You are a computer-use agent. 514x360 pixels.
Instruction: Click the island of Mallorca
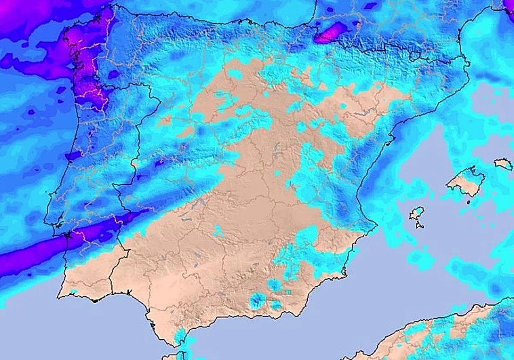click(466, 181)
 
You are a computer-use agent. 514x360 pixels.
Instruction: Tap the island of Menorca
click(503, 163)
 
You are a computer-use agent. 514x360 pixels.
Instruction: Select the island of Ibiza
click(416, 216)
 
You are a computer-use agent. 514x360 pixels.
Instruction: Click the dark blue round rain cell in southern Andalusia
click(257, 299)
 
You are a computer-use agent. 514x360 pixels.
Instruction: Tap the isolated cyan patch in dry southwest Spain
click(217, 231)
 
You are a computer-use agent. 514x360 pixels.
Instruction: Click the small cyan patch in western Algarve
click(73, 292)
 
